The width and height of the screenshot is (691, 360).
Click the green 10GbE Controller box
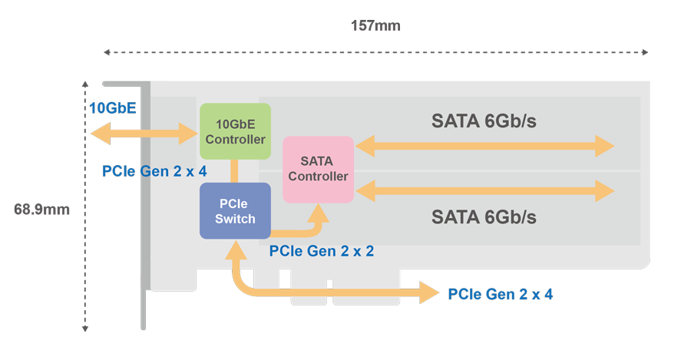click(235, 131)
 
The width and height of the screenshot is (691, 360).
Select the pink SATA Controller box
click(318, 169)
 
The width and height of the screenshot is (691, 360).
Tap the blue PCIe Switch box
click(235, 210)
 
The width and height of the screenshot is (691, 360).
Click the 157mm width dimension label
click(376, 25)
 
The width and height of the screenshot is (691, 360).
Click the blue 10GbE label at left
click(112, 108)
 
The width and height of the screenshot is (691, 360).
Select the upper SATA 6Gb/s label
click(484, 121)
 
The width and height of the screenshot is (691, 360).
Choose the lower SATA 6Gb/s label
click(484, 217)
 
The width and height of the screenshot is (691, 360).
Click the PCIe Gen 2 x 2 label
click(322, 250)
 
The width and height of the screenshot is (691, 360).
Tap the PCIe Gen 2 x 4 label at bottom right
click(500, 294)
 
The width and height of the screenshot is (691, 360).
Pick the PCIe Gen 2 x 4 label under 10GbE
click(154, 170)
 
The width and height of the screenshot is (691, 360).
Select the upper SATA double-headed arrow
click(484, 144)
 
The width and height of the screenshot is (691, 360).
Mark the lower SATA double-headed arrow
click(484, 190)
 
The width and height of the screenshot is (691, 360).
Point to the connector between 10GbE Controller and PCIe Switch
click(235, 171)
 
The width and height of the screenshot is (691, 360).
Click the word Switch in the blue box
click(235, 219)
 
